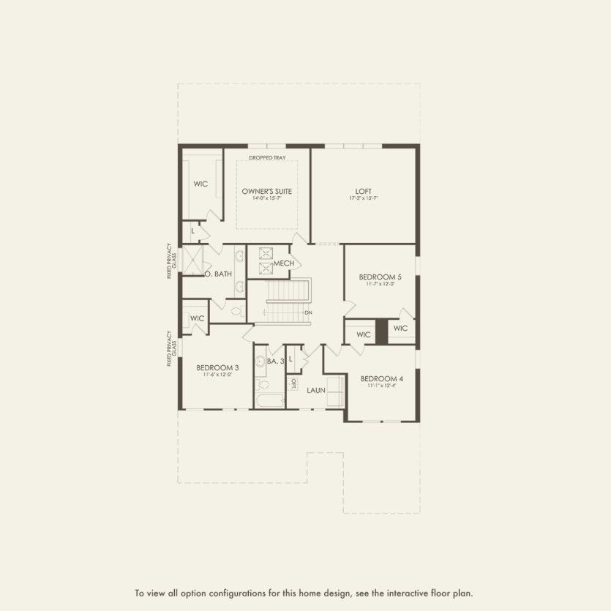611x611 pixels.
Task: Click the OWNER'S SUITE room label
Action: tap(267, 191)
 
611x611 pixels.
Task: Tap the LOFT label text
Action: tap(364, 191)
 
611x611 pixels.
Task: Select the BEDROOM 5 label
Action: tap(381, 277)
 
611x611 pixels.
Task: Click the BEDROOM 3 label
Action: tap(217, 367)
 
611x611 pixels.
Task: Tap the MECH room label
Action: tap(284, 263)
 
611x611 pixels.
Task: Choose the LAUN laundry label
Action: tap(316, 390)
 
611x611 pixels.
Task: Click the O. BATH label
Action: tap(219, 274)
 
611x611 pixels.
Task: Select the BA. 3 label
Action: tap(275, 361)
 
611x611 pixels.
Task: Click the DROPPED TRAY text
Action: tap(267, 158)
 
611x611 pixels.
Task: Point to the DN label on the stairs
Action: tap(309, 312)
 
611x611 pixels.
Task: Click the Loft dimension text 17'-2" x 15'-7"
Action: tap(364, 198)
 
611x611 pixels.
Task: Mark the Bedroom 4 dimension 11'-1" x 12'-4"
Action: tap(381, 386)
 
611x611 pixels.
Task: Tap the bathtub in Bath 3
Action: tap(269, 400)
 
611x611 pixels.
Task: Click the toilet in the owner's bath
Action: tap(236, 310)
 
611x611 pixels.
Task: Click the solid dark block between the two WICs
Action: tap(381, 331)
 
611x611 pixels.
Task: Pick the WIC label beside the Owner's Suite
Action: tap(200, 184)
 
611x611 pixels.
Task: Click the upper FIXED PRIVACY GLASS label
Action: tap(171, 261)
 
